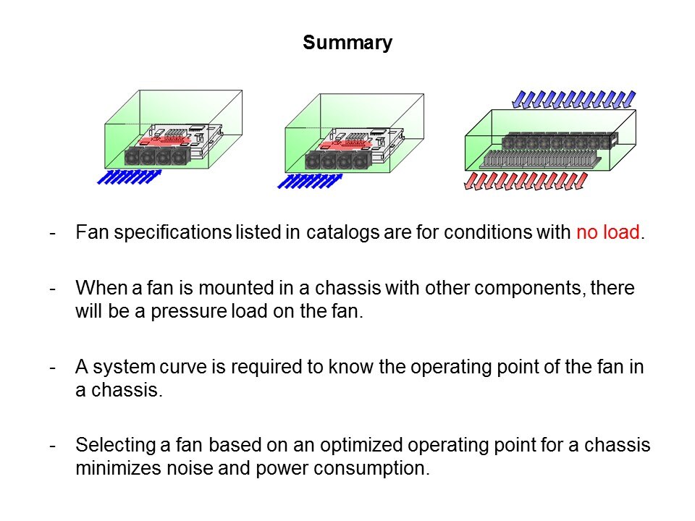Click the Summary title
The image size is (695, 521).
pyautogui.click(x=347, y=43)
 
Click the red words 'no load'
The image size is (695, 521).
pyautogui.click(x=608, y=234)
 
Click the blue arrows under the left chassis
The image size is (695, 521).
pyautogui.click(x=129, y=176)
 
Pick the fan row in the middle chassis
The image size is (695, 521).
pyautogui.click(x=335, y=161)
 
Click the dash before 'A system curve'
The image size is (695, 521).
pyautogui.click(x=53, y=366)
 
